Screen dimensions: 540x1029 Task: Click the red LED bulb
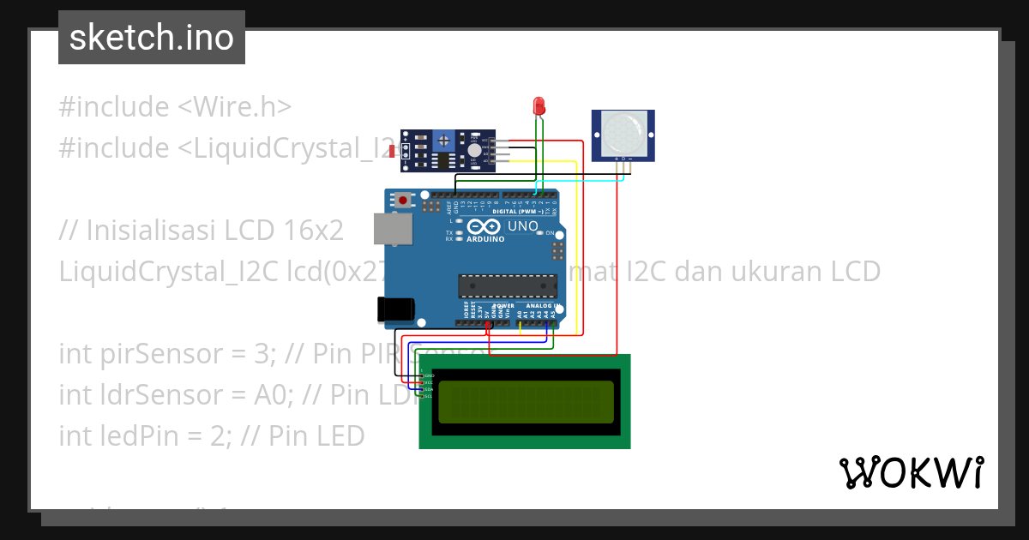(539, 105)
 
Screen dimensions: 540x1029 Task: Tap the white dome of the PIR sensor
(622, 134)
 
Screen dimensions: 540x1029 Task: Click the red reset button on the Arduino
(402, 201)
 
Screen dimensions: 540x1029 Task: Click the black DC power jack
(395, 309)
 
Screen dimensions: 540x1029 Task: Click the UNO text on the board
(523, 227)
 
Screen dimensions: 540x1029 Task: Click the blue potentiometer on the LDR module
(443, 139)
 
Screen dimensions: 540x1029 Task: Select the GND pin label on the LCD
(430, 375)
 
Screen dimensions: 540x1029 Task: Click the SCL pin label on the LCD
(429, 396)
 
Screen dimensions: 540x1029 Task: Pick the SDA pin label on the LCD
(429, 389)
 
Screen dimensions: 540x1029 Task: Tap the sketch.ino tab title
(152, 38)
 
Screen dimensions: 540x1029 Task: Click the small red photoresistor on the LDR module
(393, 152)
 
